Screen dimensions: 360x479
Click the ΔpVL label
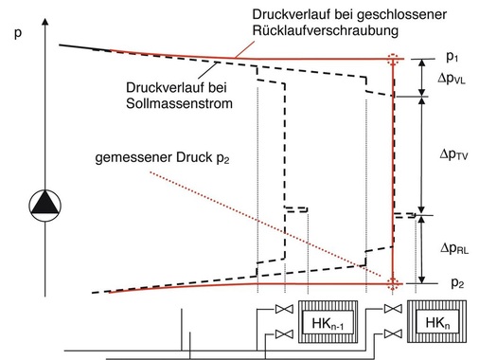click(444, 79)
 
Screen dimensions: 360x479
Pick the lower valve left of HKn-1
click(279, 333)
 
